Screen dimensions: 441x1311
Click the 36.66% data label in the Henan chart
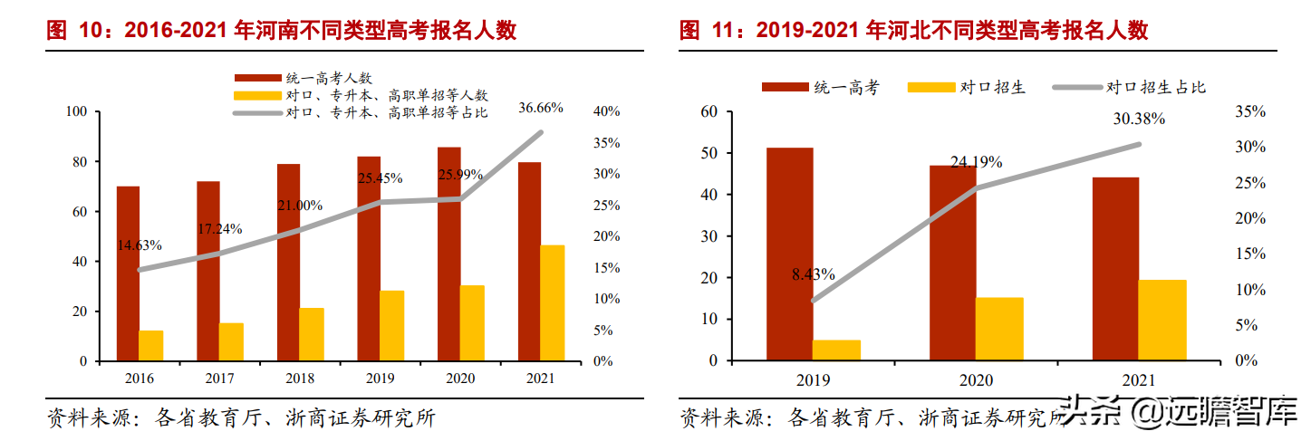(540, 108)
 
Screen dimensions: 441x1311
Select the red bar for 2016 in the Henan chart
(128, 273)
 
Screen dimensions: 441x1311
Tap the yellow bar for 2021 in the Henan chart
(552, 302)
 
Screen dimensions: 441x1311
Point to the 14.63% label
(139, 245)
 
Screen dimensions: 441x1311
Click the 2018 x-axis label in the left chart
(300, 379)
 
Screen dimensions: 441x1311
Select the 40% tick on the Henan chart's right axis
(605, 111)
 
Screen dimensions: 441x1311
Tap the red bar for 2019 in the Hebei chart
(788, 254)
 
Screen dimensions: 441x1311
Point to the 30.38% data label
(1139, 119)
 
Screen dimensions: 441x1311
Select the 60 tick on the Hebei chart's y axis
(709, 111)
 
